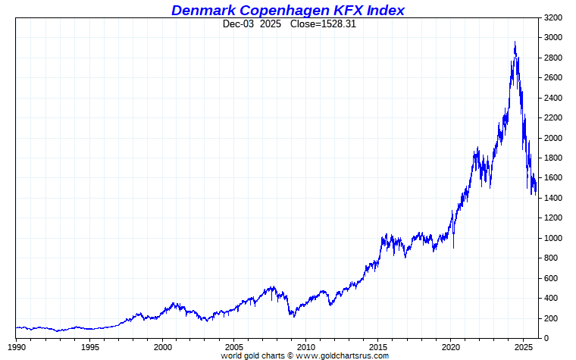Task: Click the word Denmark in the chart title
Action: (x=198, y=10)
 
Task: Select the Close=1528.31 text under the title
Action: (x=324, y=23)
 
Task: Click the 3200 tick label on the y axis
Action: (x=553, y=17)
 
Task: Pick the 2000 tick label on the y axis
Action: (x=553, y=138)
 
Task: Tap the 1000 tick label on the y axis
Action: (x=553, y=238)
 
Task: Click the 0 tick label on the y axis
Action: (x=546, y=338)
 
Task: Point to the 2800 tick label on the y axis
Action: (x=553, y=58)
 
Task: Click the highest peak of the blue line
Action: (x=515, y=42)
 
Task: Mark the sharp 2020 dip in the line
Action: (x=454, y=247)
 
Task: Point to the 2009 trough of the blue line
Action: (x=291, y=315)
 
